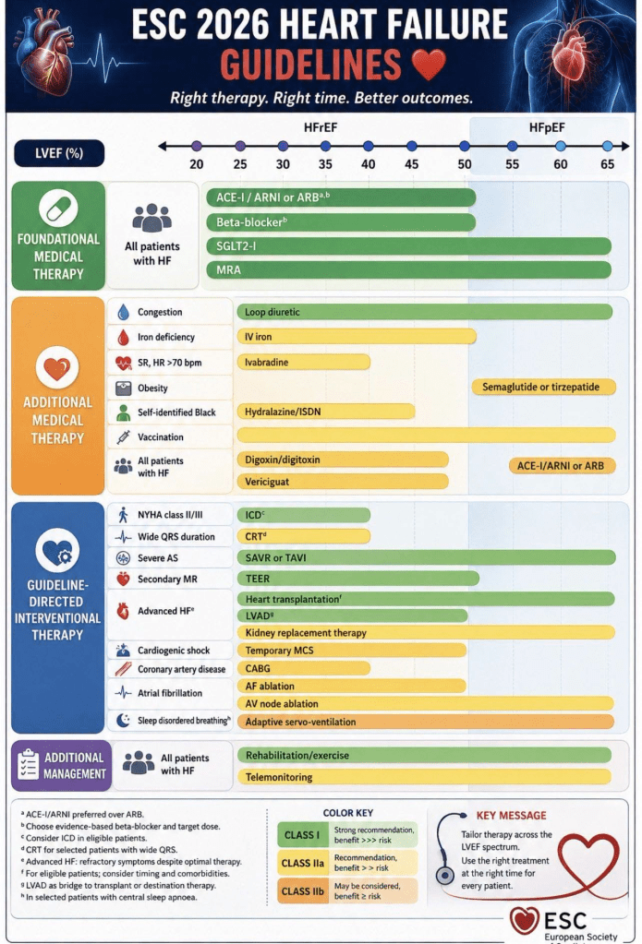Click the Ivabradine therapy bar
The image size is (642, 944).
point(303,362)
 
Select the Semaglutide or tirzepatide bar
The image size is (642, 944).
point(543,387)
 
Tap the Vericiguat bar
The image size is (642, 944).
point(343,482)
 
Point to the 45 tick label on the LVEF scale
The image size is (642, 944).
point(412,164)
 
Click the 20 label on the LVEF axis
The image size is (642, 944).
point(197,164)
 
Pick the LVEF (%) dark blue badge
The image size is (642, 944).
point(59,153)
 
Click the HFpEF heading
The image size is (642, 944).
point(547,127)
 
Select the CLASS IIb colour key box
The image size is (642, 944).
point(302,891)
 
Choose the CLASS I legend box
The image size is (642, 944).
point(302,835)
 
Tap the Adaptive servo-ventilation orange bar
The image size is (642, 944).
point(426,722)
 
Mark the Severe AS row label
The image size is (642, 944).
point(158,558)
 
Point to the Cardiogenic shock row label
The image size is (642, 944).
point(174,651)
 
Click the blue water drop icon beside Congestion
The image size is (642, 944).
point(124,312)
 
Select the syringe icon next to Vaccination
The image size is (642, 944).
point(124,436)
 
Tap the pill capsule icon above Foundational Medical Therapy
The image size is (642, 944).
point(58,208)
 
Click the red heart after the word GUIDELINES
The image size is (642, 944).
point(430,65)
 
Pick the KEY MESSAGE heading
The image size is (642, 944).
point(511,815)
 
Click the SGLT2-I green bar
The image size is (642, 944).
point(408,245)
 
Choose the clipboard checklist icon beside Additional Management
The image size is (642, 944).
point(29,765)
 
